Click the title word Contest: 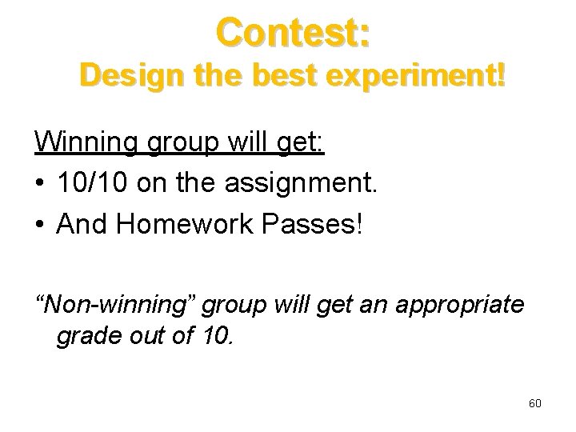292,34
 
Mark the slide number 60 535,403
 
